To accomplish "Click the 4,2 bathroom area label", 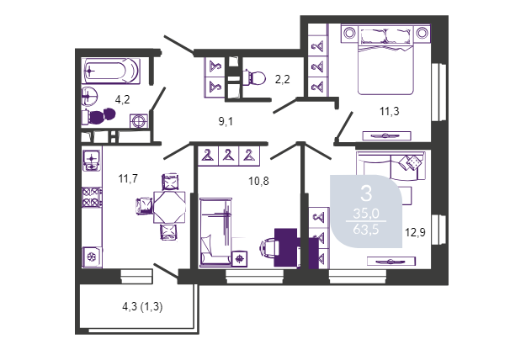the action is pyautogui.click(x=122, y=99).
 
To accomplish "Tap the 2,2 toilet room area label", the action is pyautogui.click(x=282, y=79).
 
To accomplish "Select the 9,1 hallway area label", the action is pyautogui.click(x=226, y=122).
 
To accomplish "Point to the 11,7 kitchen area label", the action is pyautogui.click(x=128, y=178).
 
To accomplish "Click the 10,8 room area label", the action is pyautogui.click(x=258, y=181).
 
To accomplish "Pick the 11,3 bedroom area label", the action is pyautogui.click(x=389, y=112).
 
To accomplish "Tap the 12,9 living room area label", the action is pyautogui.click(x=415, y=232).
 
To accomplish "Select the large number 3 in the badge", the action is pyautogui.click(x=366, y=193).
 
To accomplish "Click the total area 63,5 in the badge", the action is pyautogui.click(x=366, y=230).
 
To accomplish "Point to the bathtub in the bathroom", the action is pyautogui.click(x=111, y=71).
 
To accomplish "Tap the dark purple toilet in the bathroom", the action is pyautogui.click(x=98, y=116).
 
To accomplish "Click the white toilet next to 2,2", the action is pyautogui.click(x=254, y=77).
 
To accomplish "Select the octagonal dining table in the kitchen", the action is pyautogui.click(x=169, y=207).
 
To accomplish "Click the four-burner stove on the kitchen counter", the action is pyautogui.click(x=92, y=197).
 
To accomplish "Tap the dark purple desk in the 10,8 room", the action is pyautogui.click(x=286, y=248).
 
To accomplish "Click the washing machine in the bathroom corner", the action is pyautogui.click(x=139, y=121).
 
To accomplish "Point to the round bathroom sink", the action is pyautogui.click(x=89, y=96).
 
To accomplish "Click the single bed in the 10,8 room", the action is pyautogui.click(x=215, y=232).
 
